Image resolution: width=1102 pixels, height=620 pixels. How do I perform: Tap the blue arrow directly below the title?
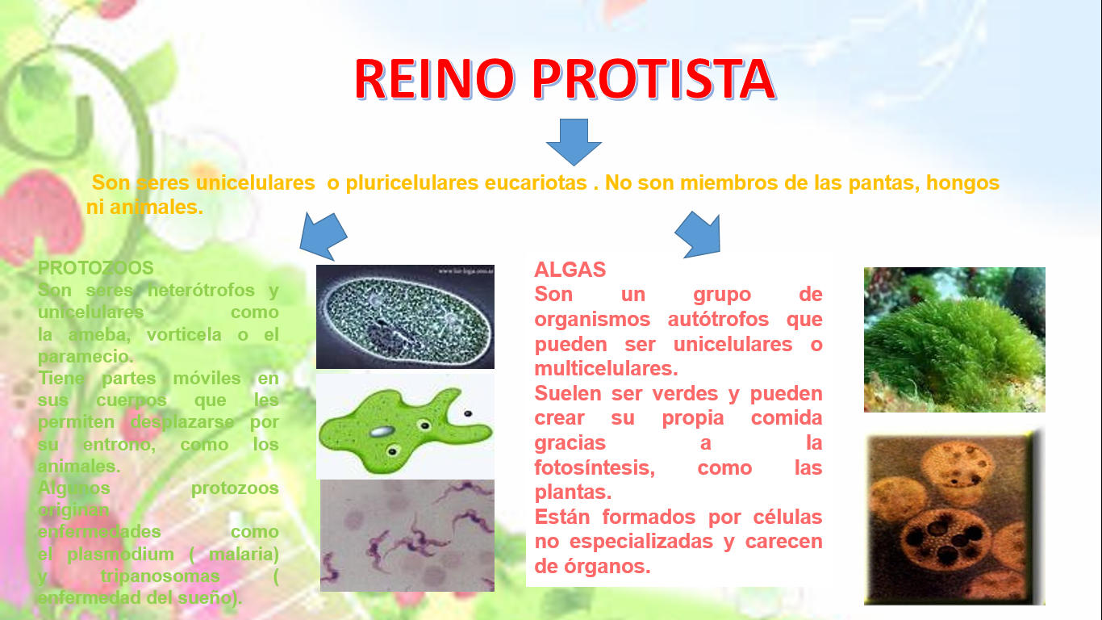[574, 142]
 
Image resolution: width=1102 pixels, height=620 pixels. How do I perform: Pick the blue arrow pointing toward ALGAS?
[699, 234]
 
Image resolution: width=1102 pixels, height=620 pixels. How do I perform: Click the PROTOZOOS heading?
[96, 267]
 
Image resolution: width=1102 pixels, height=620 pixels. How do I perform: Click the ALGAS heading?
[570, 269]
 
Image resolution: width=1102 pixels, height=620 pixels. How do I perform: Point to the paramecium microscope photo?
[405, 316]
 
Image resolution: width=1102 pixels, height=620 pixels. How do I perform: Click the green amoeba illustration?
[403, 425]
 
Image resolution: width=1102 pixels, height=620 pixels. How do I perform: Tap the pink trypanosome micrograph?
[407, 535]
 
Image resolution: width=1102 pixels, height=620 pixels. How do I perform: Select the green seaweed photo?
[954, 340]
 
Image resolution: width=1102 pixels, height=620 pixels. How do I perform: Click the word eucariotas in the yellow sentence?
[536, 183]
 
